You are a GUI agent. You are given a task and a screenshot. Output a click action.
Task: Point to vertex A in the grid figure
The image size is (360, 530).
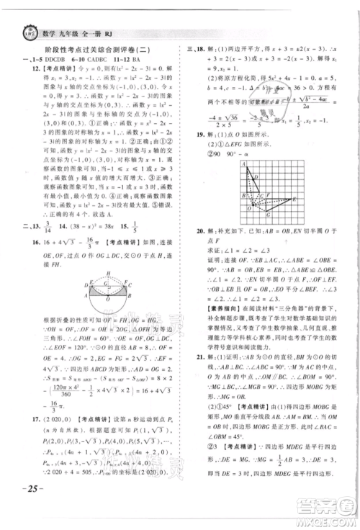click(x=246, y=165)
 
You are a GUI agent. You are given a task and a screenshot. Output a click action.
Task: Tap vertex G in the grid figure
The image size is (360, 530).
click(x=267, y=215)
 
